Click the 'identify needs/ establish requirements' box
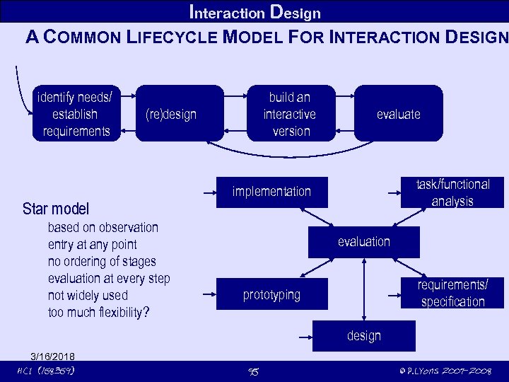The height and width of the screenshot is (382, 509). (x=76, y=113)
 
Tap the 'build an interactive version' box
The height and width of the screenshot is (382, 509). (x=289, y=113)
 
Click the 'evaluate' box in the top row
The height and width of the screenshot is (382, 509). (x=398, y=114)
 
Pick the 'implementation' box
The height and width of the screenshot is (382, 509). (x=272, y=192)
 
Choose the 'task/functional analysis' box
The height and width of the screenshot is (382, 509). (x=452, y=192)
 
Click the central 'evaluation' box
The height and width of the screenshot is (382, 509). (x=363, y=242)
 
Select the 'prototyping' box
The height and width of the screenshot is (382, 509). (x=272, y=294)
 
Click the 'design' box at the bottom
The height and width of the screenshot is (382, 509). (x=363, y=336)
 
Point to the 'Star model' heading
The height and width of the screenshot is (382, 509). (x=56, y=209)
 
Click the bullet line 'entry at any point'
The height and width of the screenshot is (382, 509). (x=92, y=245)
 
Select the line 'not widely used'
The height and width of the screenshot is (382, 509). (x=88, y=296)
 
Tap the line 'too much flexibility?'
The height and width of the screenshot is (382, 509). (x=98, y=313)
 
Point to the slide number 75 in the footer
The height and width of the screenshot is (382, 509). (x=254, y=371)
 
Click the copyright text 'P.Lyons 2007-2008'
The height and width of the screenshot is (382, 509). (x=446, y=371)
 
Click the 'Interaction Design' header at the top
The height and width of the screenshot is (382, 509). (x=255, y=12)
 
